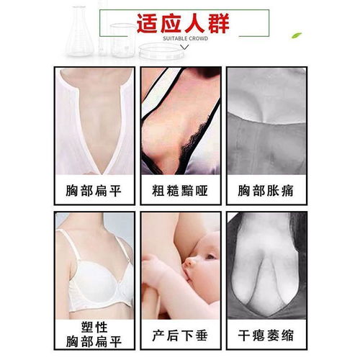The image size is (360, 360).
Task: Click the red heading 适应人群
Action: pyautogui.click(x=183, y=23)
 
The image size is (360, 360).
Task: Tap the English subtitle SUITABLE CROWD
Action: pyautogui.click(x=185, y=38)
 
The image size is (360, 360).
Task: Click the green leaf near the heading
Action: pyautogui.click(x=297, y=35)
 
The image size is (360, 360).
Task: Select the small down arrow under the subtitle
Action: pyautogui.click(x=184, y=48)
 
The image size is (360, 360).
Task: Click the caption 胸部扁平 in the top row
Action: pyautogui.click(x=94, y=191)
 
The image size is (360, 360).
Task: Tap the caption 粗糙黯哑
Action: pyautogui.click(x=180, y=191)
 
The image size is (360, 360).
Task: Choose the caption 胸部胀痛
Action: pyautogui.click(x=266, y=191)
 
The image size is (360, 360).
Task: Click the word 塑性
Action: pyautogui.click(x=94, y=328)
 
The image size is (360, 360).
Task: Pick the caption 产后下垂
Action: pyautogui.click(x=180, y=335)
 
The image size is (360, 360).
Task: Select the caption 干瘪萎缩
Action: pyautogui.click(x=266, y=335)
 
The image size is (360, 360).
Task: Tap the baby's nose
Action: pyautogui.click(x=189, y=262)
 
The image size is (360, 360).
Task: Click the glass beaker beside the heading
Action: pyautogui.click(x=123, y=40)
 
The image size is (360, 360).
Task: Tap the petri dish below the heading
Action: pyautogui.click(x=161, y=51)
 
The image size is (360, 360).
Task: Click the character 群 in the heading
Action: pyautogui.click(x=219, y=23)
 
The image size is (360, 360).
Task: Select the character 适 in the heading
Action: pyautogui.click(x=148, y=23)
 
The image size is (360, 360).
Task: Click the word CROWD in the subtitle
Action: pyautogui.click(x=199, y=38)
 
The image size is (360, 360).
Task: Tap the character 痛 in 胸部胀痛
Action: pyautogui.click(x=287, y=191)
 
